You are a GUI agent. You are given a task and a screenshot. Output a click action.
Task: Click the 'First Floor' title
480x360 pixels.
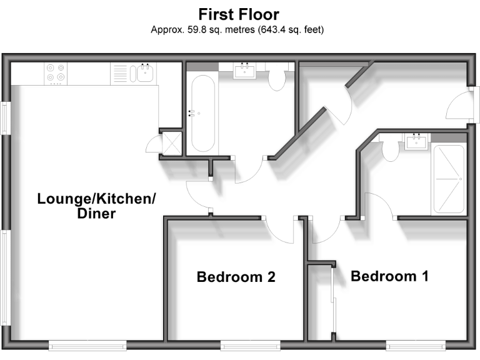[239, 14]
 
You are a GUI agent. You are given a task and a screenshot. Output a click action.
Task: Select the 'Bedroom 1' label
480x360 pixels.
[389, 276]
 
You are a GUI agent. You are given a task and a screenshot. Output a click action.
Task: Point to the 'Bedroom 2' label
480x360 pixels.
[236, 277]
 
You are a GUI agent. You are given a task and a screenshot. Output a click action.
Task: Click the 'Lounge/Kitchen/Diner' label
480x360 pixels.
[96, 206]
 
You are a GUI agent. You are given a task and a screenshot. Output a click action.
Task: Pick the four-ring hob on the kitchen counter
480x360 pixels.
[56, 74]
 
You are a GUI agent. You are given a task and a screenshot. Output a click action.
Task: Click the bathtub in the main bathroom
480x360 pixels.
[203, 113]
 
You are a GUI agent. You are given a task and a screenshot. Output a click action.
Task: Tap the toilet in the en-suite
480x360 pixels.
[390, 151]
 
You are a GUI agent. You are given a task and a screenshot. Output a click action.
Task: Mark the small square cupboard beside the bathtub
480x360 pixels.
[170, 143]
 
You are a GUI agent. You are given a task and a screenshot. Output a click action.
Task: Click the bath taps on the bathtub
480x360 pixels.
[192, 112]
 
